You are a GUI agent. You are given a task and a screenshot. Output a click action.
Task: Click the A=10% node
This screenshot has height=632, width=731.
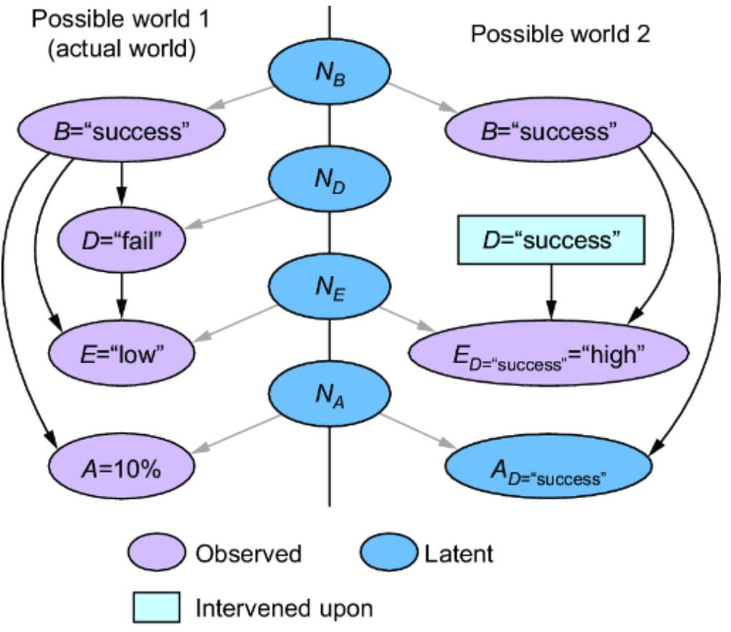[x=122, y=469]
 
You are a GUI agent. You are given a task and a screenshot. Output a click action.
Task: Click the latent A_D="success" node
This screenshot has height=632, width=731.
[x=548, y=469]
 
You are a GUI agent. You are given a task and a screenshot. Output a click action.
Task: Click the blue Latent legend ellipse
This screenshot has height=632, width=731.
[x=387, y=554]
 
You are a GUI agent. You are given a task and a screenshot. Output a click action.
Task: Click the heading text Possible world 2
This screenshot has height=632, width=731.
[x=560, y=35]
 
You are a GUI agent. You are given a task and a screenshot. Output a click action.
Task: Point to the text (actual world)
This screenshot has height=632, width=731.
[x=120, y=52]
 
